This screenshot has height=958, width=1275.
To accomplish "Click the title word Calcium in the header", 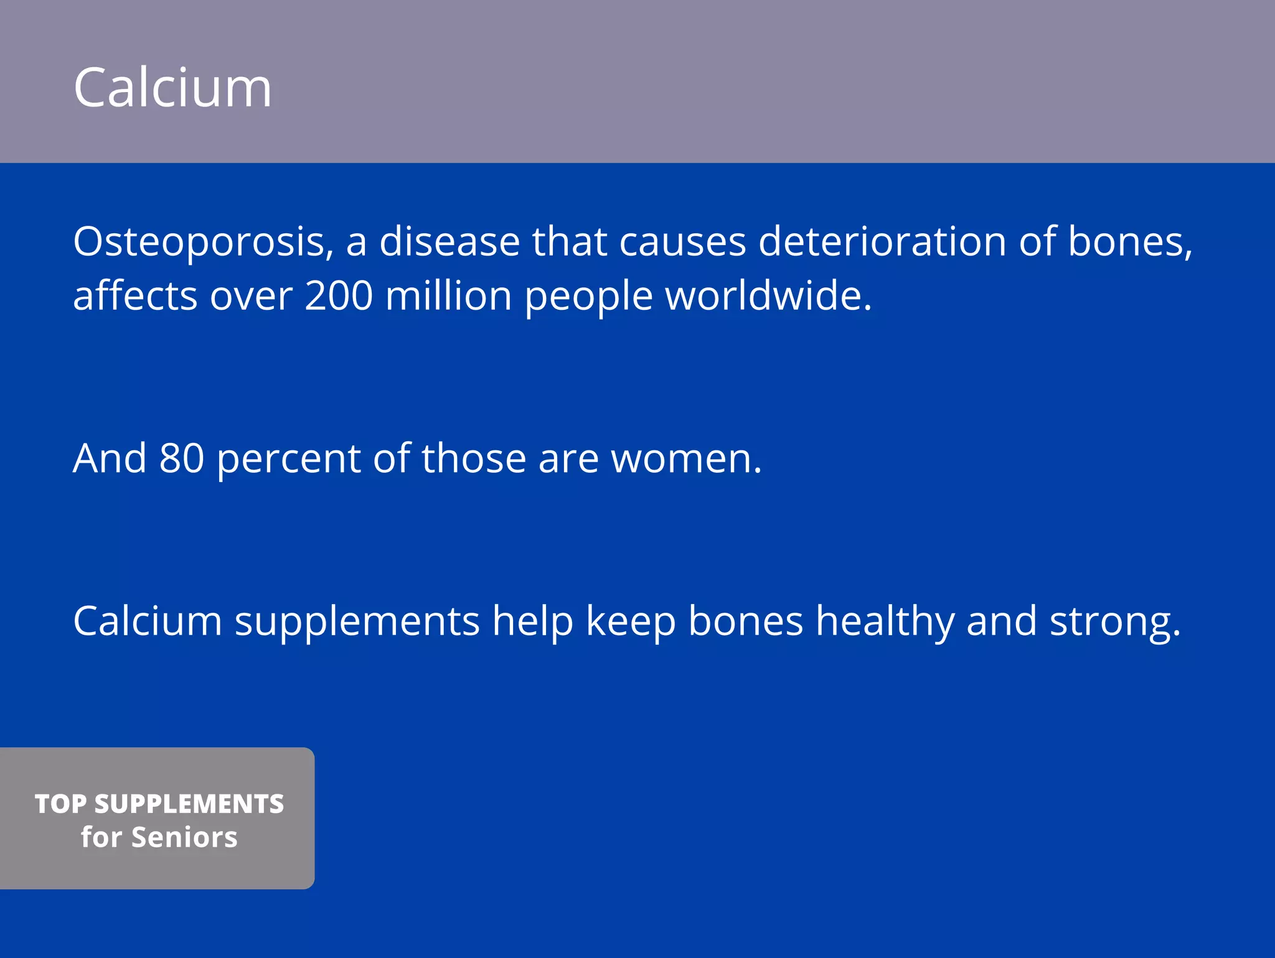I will pyautogui.click(x=172, y=88).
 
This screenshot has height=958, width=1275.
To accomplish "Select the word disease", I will pyautogui.click(x=449, y=241).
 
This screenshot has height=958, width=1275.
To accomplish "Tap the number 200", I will pyautogui.click(x=339, y=295).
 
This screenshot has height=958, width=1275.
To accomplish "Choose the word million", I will pyautogui.click(x=448, y=295).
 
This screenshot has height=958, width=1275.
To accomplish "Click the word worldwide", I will pyautogui.click(x=768, y=295).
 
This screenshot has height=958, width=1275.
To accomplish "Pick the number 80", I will pyautogui.click(x=181, y=458).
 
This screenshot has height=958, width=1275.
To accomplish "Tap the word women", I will pyautogui.click(x=686, y=458).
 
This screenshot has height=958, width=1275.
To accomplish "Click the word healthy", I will pyautogui.click(x=885, y=621).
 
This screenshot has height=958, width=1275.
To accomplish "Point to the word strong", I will pyautogui.click(x=1114, y=621).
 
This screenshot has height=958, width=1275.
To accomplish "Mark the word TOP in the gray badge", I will pyautogui.click(x=60, y=804).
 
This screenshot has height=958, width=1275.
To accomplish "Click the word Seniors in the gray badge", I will pyautogui.click(x=184, y=837).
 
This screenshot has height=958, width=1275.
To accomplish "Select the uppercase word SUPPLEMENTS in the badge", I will pyautogui.click(x=189, y=804).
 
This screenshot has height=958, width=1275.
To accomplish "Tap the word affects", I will pyautogui.click(x=135, y=295).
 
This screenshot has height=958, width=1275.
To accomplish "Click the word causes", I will pyautogui.click(x=682, y=241).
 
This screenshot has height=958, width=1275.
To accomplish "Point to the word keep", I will pyautogui.click(x=631, y=621).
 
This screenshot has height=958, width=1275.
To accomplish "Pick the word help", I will pyautogui.click(x=532, y=621).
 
